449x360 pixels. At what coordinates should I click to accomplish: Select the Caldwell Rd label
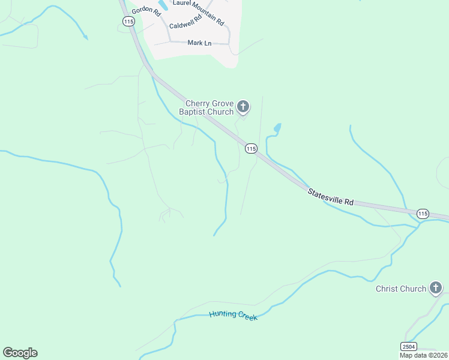coord(186,26)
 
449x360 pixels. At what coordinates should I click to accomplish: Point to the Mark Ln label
coord(199,43)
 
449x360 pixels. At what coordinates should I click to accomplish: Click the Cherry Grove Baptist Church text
coord(208,107)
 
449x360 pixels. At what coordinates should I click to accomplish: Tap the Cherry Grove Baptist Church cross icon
coord(243,107)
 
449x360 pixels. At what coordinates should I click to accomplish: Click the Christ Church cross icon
coord(435,289)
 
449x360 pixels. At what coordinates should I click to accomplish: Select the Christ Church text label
coord(400,289)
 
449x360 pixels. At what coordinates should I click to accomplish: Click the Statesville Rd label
coord(330,197)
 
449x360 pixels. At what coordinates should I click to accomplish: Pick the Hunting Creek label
coord(234,316)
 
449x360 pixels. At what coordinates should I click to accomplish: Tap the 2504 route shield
coord(409,346)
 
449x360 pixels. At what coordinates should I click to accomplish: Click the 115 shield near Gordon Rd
coord(128,21)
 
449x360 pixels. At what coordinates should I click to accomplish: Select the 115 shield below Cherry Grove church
coord(251,148)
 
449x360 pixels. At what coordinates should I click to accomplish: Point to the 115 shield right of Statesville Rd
coord(423,214)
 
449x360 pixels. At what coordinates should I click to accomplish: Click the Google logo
coord(20,353)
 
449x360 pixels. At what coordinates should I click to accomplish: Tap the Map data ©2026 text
coord(424,355)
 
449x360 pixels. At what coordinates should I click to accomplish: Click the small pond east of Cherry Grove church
coord(277,128)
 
